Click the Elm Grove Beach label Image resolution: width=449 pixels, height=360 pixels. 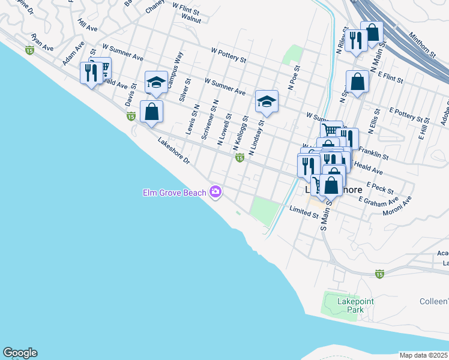174,193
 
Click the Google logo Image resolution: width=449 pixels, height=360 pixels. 20,353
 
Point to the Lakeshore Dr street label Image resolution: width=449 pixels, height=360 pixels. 173,152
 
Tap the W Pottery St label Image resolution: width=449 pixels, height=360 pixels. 229,55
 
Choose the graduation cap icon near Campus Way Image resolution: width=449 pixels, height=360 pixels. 156,82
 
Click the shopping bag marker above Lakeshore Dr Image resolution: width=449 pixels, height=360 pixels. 152,112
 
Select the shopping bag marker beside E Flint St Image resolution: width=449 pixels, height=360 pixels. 357,82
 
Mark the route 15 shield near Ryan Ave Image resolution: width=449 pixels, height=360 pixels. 29,51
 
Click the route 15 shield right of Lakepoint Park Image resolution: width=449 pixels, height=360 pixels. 379,274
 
